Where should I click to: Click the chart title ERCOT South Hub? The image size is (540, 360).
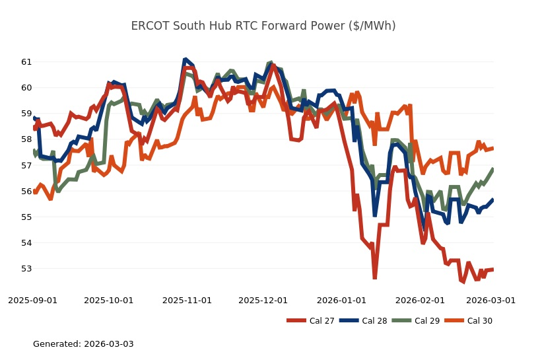point(263,26)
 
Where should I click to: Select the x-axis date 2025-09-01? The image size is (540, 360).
point(33,300)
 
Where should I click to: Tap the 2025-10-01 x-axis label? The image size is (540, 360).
point(109,300)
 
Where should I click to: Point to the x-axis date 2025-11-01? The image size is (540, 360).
point(187,300)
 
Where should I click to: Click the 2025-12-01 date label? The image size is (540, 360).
point(263,300)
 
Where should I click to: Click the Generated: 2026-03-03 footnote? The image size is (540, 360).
point(83,344)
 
